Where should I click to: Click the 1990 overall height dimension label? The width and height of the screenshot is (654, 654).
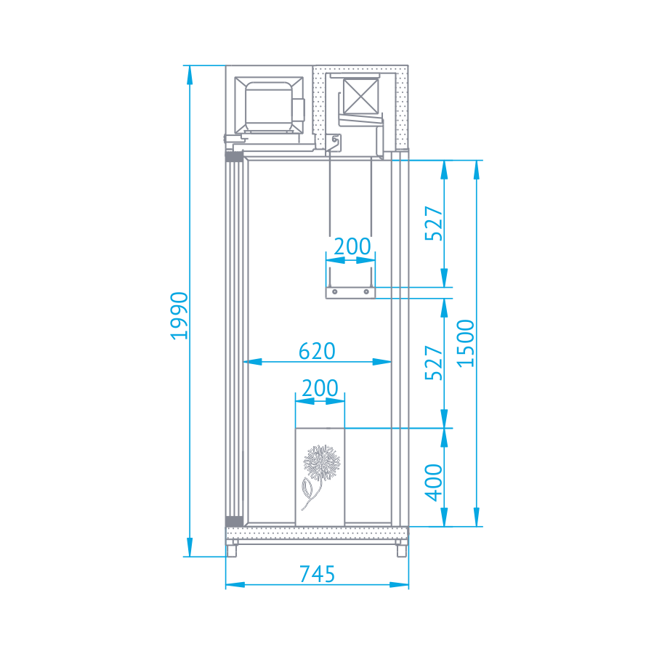coord(179,315)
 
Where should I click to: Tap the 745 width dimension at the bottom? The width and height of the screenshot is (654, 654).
coord(318,574)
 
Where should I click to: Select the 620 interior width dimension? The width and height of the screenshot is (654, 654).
coord(318,351)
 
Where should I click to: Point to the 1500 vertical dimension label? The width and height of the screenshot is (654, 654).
coord(466,343)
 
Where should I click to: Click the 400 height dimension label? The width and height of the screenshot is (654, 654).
coord(434,482)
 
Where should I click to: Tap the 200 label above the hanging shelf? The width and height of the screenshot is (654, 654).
coord(352,246)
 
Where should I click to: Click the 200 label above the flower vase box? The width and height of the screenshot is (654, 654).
coord(320,388)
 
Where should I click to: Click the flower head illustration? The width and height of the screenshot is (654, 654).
coord(321,461)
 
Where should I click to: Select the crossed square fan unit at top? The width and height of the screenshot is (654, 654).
coord(361,94)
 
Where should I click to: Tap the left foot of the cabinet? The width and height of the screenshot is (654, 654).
coord(231,550)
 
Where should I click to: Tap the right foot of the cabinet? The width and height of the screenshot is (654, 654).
coord(400,550)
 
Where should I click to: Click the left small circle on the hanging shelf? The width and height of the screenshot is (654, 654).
coord(335,292)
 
